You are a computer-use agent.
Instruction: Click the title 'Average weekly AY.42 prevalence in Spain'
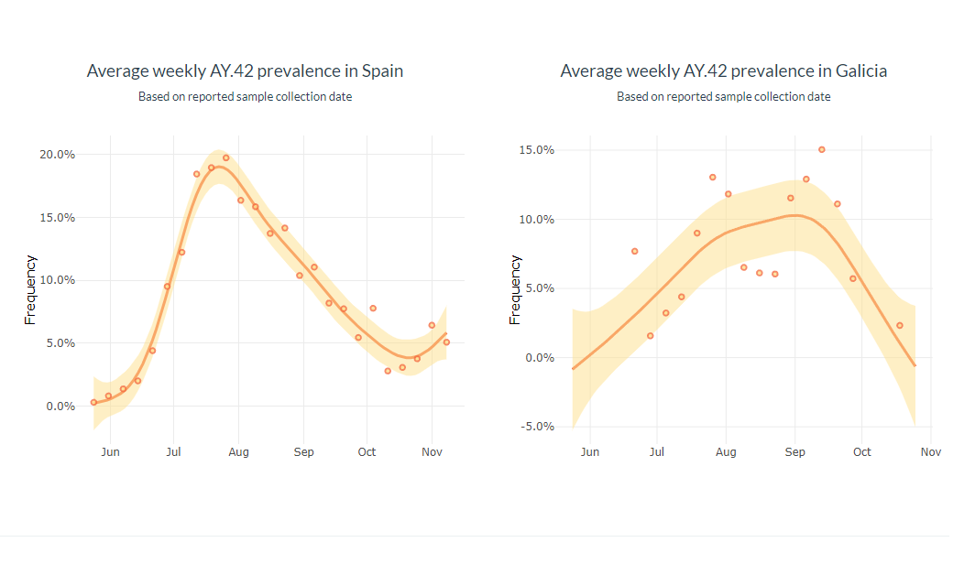(x=245, y=70)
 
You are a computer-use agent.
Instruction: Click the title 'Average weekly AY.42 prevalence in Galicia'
(x=723, y=70)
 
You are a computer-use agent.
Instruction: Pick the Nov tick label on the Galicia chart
(x=930, y=452)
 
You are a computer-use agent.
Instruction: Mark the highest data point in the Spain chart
(x=226, y=157)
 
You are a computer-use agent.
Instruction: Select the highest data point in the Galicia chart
(x=821, y=149)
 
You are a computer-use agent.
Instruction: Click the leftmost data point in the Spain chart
(x=93, y=402)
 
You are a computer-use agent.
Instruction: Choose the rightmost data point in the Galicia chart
(x=900, y=325)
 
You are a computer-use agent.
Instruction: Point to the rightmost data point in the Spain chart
(x=446, y=342)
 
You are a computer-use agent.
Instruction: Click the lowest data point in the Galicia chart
(x=650, y=336)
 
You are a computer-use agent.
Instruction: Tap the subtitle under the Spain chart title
(x=245, y=96)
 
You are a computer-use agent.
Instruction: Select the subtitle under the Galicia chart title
(x=723, y=96)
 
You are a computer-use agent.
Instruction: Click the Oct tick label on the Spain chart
(x=367, y=452)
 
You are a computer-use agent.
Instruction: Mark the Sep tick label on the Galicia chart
(x=794, y=452)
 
